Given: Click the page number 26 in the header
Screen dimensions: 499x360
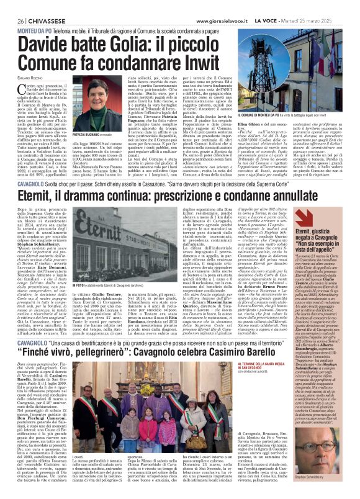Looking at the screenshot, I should [12, 4].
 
